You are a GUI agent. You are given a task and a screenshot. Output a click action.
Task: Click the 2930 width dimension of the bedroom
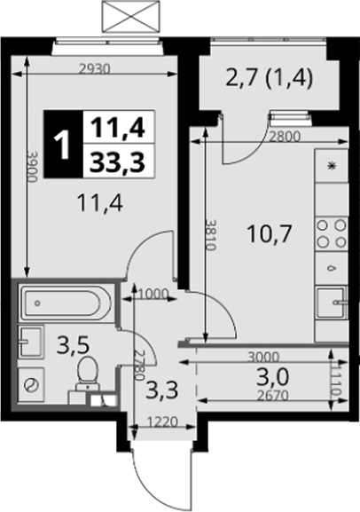click(x=96, y=69)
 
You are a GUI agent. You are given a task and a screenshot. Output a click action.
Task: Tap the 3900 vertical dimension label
click(x=32, y=167)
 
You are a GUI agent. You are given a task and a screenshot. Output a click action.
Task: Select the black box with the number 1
click(x=63, y=145)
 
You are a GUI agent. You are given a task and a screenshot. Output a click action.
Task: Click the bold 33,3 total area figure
click(x=118, y=162)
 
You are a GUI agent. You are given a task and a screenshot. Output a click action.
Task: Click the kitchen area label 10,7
click(x=270, y=234)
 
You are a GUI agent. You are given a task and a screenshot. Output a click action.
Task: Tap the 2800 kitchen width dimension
click(x=284, y=137)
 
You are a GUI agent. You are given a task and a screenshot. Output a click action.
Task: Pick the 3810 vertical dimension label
click(x=210, y=234)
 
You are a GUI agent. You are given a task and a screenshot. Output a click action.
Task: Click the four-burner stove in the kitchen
click(x=332, y=233)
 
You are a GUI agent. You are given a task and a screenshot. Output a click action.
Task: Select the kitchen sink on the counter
click(x=332, y=302)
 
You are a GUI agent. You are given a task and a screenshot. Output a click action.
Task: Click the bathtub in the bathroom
click(x=66, y=303)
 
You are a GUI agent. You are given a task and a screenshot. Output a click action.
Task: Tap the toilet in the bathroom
click(x=88, y=374)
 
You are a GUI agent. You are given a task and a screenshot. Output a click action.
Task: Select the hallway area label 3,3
click(x=162, y=390)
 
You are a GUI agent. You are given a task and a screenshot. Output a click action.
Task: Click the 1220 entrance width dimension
click(x=162, y=422)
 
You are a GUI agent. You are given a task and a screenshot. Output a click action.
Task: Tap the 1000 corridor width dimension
click(x=153, y=295)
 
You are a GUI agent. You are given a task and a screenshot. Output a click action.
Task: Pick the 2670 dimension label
click(x=272, y=396)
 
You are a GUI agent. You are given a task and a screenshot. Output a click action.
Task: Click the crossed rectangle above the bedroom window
click(x=131, y=17)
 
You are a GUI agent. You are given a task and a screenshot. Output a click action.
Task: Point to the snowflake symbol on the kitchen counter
click(x=332, y=166)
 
